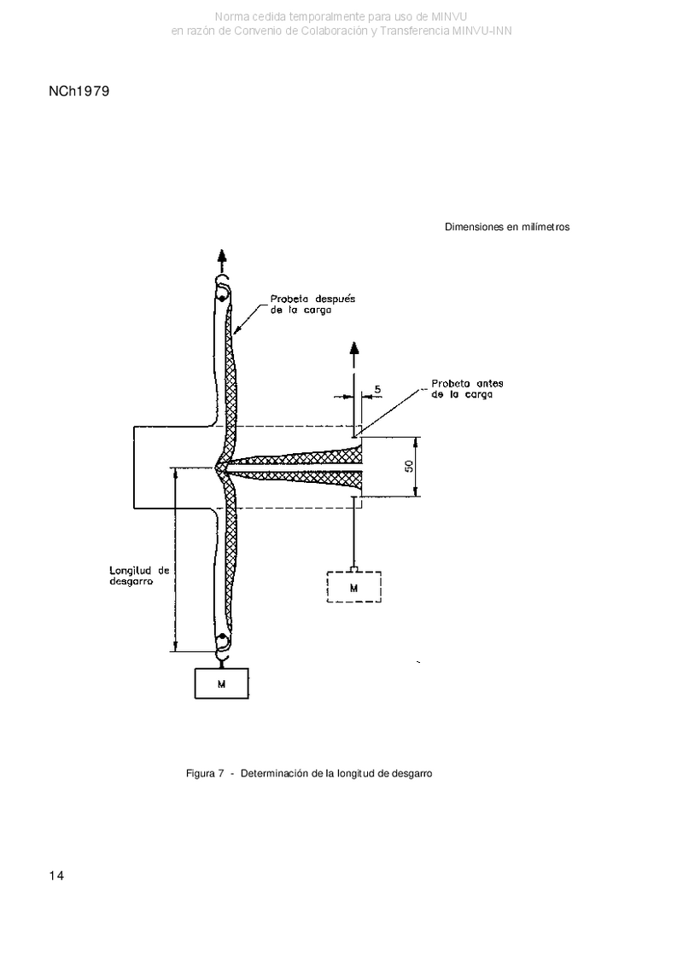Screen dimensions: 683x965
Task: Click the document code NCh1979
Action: [x=79, y=91]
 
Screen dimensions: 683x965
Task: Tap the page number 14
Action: [x=56, y=875]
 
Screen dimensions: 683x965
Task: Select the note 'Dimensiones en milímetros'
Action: [x=507, y=227]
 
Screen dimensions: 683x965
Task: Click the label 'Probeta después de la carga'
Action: [x=312, y=305]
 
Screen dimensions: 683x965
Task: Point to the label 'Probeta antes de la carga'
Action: [x=467, y=389]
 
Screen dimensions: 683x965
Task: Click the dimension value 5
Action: [x=377, y=389]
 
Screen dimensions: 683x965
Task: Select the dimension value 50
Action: [x=410, y=467]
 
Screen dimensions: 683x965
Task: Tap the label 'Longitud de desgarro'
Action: [x=139, y=575]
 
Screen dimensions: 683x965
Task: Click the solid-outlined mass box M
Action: [x=222, y=683]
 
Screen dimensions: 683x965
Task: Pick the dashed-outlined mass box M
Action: [x=353, y=586]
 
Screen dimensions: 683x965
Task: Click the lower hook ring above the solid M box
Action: [x=222, y=643]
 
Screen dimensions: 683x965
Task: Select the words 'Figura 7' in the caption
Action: [x=204, y=774]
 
